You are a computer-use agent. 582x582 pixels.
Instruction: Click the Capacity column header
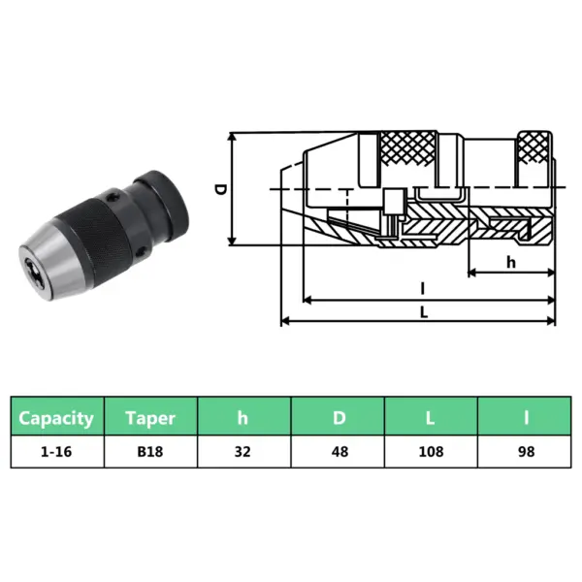tap(57, 418)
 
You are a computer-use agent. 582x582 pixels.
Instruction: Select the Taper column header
tap(150, 418)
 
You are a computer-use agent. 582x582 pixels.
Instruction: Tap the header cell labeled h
tap(244, 418)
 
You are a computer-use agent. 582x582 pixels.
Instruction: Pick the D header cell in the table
tap(339, 418)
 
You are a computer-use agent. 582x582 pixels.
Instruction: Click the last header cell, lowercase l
tap(526, 418)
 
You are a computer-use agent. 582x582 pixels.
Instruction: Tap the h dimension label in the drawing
tap(510, 262)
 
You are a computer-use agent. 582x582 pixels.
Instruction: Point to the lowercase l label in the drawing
tap(423, 287)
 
